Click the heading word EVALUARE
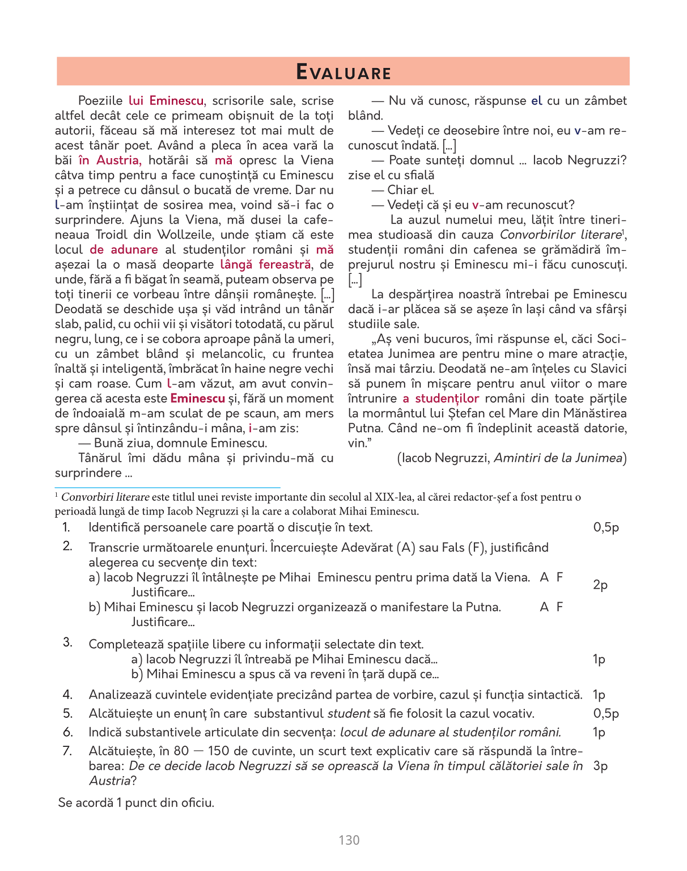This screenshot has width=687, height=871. click(343, 73)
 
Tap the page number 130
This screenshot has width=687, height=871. click(349, 840)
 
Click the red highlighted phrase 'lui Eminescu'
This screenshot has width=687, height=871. click(166, 101)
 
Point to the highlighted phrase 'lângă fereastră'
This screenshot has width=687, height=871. click(266, 264)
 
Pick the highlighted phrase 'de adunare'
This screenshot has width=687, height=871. click(124, 250)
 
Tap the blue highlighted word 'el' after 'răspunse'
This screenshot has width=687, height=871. click(536, 101)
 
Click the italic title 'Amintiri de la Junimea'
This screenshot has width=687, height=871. click(558, 458)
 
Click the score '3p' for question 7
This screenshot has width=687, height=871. click(600, 766)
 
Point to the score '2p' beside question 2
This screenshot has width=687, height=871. click(600, 585)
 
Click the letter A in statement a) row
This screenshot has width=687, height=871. click(544, 577)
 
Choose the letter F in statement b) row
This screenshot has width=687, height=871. click(559, 607)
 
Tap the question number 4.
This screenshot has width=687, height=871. click(67, 695)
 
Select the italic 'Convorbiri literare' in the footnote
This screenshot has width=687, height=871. click(105, 497)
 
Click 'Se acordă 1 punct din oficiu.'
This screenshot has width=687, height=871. click(136, 803)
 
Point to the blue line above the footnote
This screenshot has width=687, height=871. click(167, 487)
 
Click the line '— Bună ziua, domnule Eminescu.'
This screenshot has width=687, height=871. click(172, 443)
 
